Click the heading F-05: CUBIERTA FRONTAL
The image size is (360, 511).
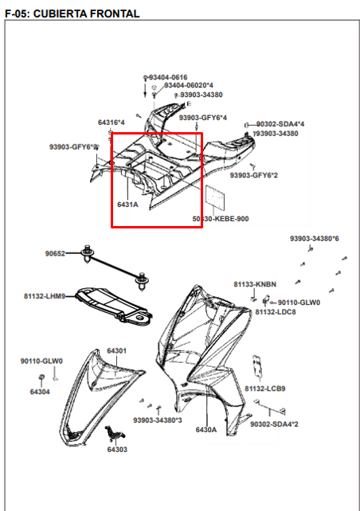[x=72, y=14]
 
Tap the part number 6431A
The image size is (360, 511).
[x=127, y=205]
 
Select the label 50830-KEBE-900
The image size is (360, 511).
[x=221, y=219]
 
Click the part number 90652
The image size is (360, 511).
[x=55, y=254]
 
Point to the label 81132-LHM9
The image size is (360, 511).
[x=45, y=296]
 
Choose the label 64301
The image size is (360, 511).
[x=117, y=351]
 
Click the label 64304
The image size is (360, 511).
[x=40, y=392]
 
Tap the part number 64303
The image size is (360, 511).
[x=117, y=450]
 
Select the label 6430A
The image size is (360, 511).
[x=206, y=430]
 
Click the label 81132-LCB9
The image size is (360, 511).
[x=265, y=388]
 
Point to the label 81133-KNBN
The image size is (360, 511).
[x=255, y=284]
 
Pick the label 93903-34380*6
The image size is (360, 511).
[x=315, y=239]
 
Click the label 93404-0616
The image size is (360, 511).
[x=168, y=77]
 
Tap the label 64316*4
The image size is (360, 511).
[x=112, y=123]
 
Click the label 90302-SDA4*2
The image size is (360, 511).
[x=274, y=424]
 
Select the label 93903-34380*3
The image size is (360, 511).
[x=158, y=420]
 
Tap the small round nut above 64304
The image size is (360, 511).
[x=41, y=377]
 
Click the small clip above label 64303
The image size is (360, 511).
[x=115, y=432]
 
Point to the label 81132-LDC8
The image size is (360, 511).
[x=276, y=312]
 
